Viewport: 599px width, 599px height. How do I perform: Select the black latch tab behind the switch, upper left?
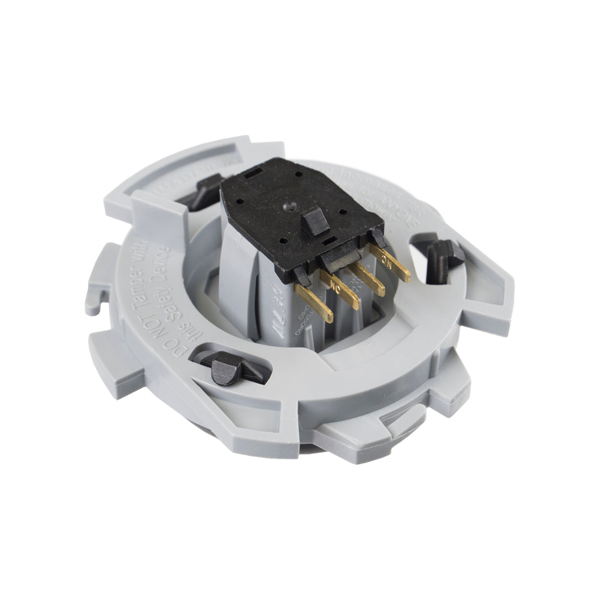point(202,190)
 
